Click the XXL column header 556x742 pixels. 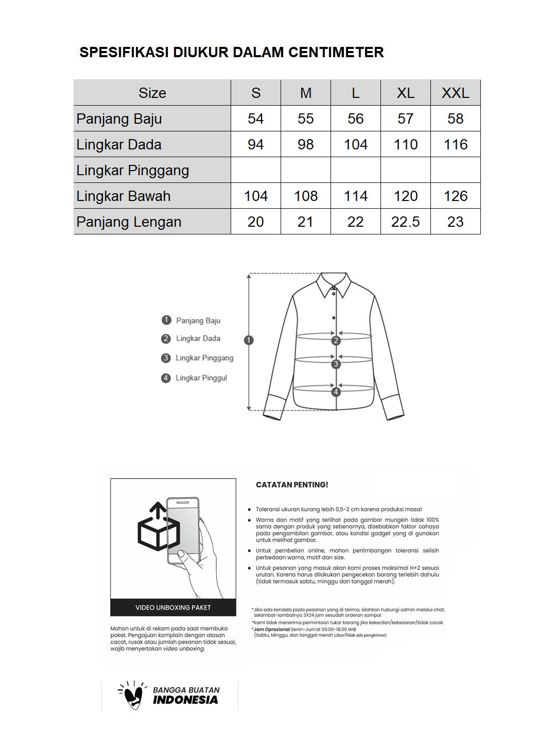click(455, 93)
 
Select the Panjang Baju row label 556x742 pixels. click(119, 119)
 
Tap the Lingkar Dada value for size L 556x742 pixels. click(355, 144)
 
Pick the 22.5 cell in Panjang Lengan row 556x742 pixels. click(405, 222)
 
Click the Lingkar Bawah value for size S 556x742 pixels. click(255, 196)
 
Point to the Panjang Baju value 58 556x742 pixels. click(455, 119)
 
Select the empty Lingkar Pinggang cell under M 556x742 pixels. click(305, 170)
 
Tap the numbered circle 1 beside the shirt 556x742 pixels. click(249, 340)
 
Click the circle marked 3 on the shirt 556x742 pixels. click(336, 364)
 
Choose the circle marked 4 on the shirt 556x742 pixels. click(336, 392)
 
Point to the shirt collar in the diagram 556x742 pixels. click(334, 284)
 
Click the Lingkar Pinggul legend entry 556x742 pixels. click(201, 378)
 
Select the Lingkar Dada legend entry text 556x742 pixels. click(198, 339)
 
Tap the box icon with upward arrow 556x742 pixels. click(159, 528)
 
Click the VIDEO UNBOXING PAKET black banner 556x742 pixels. click(173, 608)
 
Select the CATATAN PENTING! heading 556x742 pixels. click(292, 485)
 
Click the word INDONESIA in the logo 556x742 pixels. click(185, 700)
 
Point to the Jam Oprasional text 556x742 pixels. click(271, 629)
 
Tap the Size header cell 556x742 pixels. click(152, 93)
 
